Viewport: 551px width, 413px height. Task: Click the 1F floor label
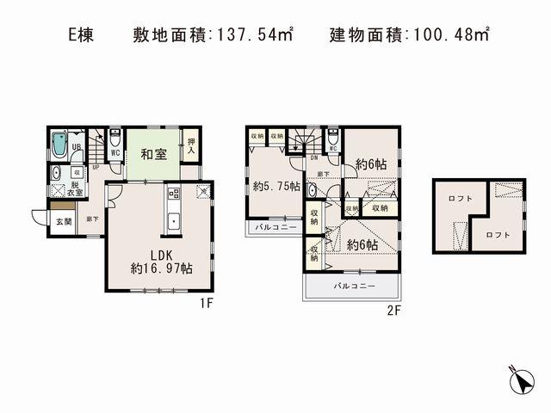(x=207, y=303)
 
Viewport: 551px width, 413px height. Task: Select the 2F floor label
(x=395, y=311)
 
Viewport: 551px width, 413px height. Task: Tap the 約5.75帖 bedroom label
(x=276, y=185)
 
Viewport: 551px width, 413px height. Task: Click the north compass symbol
(x=521, y=379)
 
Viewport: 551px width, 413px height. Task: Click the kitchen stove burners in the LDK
(x=172, y=194)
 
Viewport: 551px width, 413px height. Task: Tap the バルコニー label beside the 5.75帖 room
(x=275, y=228)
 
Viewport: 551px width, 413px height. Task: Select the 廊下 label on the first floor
(x=92, y=220)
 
